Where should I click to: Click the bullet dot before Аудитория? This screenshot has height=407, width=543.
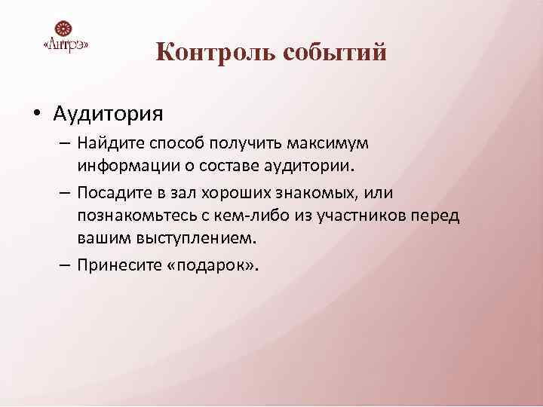(x=36, y=115)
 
